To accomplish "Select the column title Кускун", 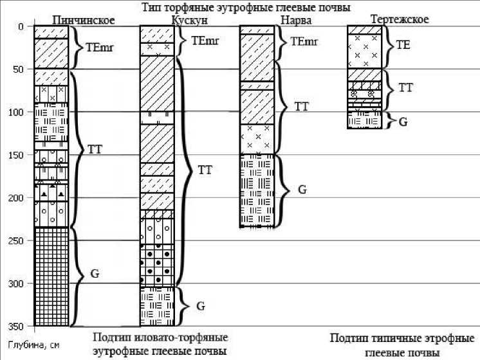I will (189, 20).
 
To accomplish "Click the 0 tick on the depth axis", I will (21, 27).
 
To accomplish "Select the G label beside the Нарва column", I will (302, 190).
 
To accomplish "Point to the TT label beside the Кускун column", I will (205, 170).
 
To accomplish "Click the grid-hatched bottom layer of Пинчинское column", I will (51, 276).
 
